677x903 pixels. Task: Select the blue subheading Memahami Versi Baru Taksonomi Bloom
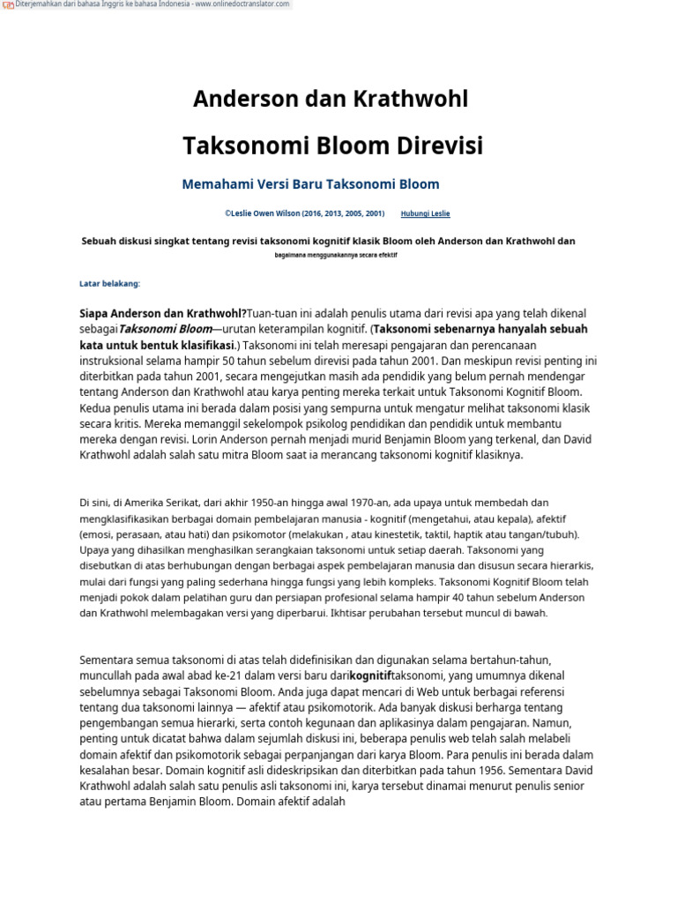click(310, 184)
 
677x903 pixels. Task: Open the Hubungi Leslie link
click(425, 213)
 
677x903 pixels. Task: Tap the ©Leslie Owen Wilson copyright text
click(304, 213)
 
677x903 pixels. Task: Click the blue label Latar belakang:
click(109, 283)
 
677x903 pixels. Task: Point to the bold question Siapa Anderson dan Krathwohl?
click(163, 314)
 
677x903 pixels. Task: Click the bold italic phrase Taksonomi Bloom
click(165, 329)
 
